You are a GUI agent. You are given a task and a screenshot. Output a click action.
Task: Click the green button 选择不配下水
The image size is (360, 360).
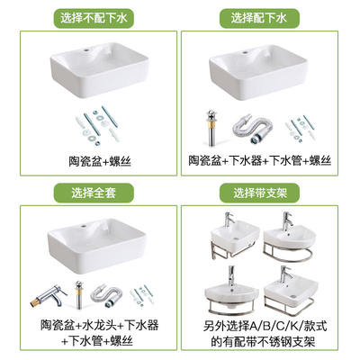click(x=94, y=18)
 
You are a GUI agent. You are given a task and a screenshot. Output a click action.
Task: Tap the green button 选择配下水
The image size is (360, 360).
click(x=259, y=18)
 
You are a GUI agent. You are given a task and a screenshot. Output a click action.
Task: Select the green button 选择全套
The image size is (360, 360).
click(x=94, y=193)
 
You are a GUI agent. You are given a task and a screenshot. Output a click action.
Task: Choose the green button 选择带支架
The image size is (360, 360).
click(x=259, y=193)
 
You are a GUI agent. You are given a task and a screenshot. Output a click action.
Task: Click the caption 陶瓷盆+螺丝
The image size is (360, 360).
click(x=100, y=162)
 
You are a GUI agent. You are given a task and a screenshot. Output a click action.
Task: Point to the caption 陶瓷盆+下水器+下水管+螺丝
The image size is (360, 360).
click(x=260, y=160)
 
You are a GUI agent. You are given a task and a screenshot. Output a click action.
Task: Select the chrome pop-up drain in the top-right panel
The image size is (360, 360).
click(x=212, y=128)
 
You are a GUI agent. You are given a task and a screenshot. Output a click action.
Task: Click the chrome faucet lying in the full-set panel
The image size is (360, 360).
click(x=49, y=296)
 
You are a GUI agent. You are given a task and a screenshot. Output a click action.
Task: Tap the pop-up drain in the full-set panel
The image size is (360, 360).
click(x=79, y=294)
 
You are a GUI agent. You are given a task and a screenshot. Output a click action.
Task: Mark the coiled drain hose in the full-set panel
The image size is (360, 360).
click(x=106, y=296)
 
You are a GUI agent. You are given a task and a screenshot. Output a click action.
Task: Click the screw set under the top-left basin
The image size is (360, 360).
click(x=95, y=126)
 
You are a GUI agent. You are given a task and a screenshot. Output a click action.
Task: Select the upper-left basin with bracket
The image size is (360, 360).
click(x=235, y=238)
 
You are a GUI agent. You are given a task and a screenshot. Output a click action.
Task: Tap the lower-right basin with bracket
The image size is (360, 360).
click(x=290, y=290)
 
